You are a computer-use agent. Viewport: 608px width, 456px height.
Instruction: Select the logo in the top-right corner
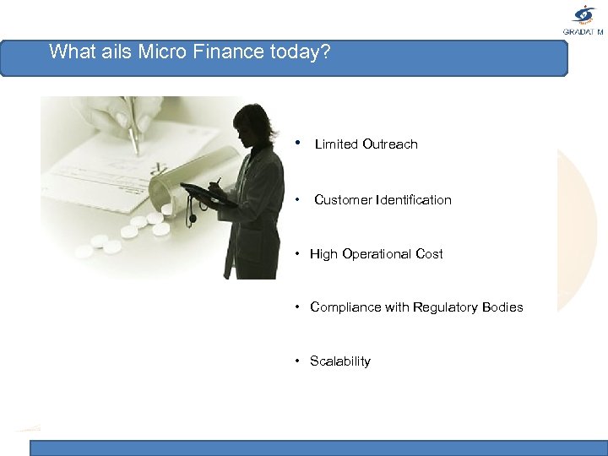(584, 19)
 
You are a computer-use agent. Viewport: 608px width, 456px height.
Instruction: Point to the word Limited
(336, 144)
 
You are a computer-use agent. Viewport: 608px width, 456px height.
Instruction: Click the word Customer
(342, 200)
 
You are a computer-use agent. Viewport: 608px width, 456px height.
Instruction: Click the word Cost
(429, 254)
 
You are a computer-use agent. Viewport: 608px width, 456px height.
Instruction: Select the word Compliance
(345, 307)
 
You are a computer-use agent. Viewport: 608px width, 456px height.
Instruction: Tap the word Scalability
(340, 361)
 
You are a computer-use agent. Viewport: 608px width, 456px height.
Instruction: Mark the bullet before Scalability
(298, 361)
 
